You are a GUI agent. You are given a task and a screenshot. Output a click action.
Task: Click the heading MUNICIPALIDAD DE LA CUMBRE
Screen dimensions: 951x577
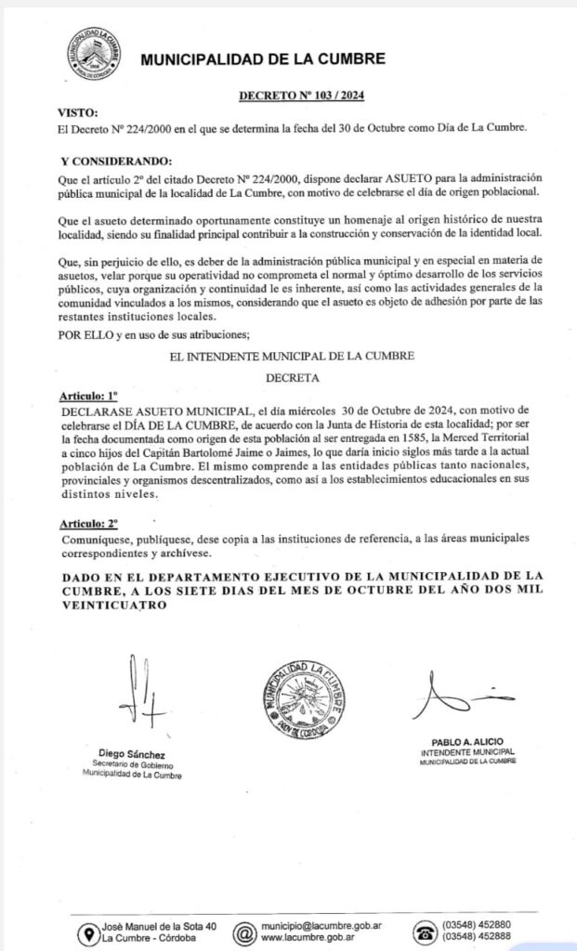coord(262,59)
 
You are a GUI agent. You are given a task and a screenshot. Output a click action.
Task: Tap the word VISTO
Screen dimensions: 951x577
coord(77,111)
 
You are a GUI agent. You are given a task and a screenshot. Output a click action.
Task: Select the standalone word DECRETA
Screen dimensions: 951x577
coord(293,378)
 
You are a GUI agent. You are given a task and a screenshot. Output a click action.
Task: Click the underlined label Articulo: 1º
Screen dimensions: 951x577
coord(85,395)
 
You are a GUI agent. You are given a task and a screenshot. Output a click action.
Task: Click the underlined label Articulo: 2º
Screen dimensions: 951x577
coord(85,524)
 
